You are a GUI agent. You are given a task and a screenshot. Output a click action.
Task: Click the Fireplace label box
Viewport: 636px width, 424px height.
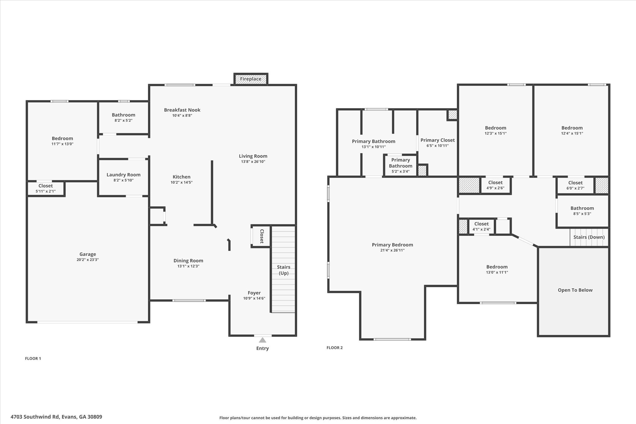click(x=251, y=79)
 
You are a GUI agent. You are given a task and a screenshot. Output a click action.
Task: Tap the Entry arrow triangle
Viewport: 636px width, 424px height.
click(x=262, y=340)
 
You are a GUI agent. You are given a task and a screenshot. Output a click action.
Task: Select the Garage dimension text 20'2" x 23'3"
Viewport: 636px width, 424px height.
click(x=88, y=260)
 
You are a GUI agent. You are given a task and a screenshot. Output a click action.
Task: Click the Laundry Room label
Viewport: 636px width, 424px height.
click(x=124, y=175)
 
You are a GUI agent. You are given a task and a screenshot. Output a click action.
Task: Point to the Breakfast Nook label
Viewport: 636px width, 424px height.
click(x=182, y=110)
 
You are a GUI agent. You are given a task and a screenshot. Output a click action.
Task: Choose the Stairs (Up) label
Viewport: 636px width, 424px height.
click(x=284, y=270)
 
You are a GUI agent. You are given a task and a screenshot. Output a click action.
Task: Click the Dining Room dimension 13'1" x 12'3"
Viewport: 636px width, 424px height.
click(x=188, y=266)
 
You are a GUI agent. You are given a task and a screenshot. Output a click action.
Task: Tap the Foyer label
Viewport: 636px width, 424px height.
click(x=254, y=293)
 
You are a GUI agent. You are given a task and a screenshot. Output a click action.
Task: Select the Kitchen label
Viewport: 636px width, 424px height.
click(x=182, y=177)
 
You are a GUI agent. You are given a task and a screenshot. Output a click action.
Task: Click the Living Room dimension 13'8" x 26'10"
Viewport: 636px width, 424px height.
click(x=253, y=162)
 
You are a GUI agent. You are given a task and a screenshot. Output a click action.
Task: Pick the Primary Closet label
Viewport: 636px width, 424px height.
click(x=438, y=140)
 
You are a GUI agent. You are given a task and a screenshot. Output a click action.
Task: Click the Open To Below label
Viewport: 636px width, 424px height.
click(x=575, y=290)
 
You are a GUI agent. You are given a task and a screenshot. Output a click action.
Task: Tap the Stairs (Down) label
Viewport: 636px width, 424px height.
click(x=589, y=237)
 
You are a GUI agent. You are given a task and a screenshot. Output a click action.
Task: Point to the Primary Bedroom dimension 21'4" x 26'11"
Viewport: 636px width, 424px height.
click(x=393, y=250)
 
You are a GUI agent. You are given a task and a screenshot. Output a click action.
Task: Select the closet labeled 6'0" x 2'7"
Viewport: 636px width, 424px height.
click(x=575, y=185)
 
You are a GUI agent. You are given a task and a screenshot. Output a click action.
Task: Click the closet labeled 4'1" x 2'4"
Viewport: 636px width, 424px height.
click(x=481, y=226)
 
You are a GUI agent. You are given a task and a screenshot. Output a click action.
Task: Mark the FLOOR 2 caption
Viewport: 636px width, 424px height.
click(x=334, y=348)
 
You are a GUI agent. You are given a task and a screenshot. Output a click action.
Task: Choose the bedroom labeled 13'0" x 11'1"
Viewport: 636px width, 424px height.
click(x=497, y=269)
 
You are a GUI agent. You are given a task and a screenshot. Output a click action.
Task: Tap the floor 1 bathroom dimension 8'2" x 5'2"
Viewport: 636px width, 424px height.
click(x=124, y=120)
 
